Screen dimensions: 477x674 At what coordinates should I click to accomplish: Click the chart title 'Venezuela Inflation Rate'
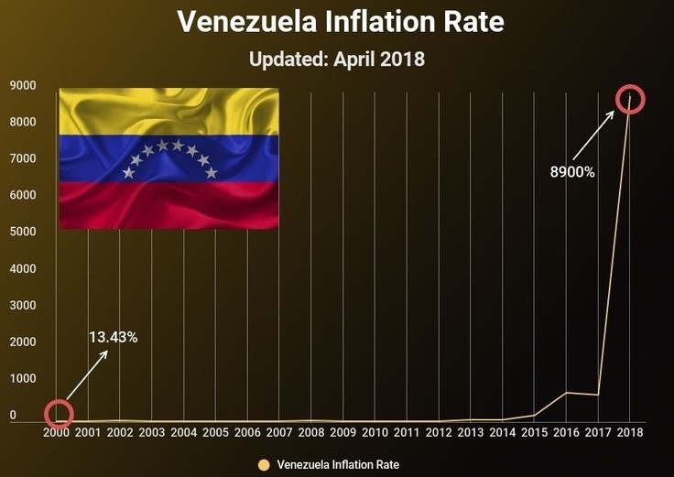(340, 22)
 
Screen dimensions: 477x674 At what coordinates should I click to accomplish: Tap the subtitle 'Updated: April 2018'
(337, 60)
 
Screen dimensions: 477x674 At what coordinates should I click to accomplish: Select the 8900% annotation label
(572, 172)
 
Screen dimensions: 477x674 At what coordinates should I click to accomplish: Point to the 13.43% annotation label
(114, 337)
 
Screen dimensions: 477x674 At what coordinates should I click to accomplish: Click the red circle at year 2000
(59, 414)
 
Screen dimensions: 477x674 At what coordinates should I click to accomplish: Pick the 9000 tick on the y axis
(23, 86)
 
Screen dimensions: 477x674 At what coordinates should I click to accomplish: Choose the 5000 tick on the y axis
(23, 232)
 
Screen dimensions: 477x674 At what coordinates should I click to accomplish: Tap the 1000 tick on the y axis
(23, 378)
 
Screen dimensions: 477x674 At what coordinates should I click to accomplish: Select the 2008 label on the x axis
(310, 432)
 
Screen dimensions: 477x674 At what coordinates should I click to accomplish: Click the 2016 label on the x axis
(566, 432)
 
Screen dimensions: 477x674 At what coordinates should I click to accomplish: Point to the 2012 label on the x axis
(439, 432)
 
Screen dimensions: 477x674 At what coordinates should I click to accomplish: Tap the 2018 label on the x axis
(630, 432)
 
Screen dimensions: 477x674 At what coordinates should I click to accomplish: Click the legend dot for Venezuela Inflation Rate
(265, 464)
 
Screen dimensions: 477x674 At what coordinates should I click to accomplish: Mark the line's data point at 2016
(566, 393)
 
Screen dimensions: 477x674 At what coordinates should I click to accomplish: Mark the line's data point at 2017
(598, 395)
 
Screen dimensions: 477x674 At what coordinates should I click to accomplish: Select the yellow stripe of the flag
(169, 110)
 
